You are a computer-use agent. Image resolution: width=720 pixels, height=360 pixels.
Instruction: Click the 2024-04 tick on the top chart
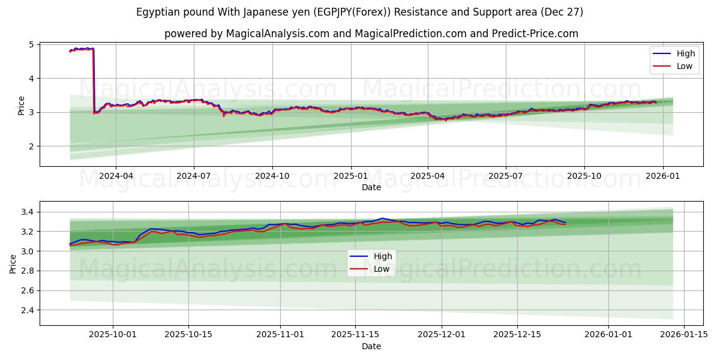click(x=116, y=176)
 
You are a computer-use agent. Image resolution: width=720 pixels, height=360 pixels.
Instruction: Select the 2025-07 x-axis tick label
click(x=505, y=176)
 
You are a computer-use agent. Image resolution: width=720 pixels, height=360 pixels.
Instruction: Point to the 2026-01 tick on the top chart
click(x=662, y=176)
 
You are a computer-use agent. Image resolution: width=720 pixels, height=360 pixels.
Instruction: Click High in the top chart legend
click(x=685, y=54)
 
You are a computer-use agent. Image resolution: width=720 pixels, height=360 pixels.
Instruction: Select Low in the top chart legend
click(x=684, y=67)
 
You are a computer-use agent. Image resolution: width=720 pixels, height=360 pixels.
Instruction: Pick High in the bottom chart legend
click(x=382, y=256)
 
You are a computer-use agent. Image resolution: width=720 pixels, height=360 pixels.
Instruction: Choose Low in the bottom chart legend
click(x=382, y=269)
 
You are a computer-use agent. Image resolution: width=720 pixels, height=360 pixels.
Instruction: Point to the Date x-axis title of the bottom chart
click(x=371, y=346)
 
